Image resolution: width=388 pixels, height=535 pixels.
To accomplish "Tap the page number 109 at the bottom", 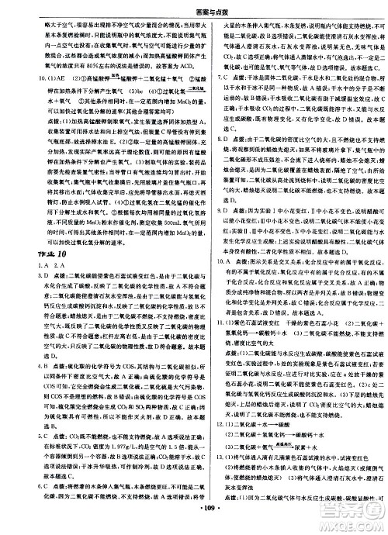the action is point(194,529).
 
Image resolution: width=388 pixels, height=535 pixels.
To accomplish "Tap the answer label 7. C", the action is point(205,79).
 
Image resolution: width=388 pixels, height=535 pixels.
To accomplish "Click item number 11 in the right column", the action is point(206,322).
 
